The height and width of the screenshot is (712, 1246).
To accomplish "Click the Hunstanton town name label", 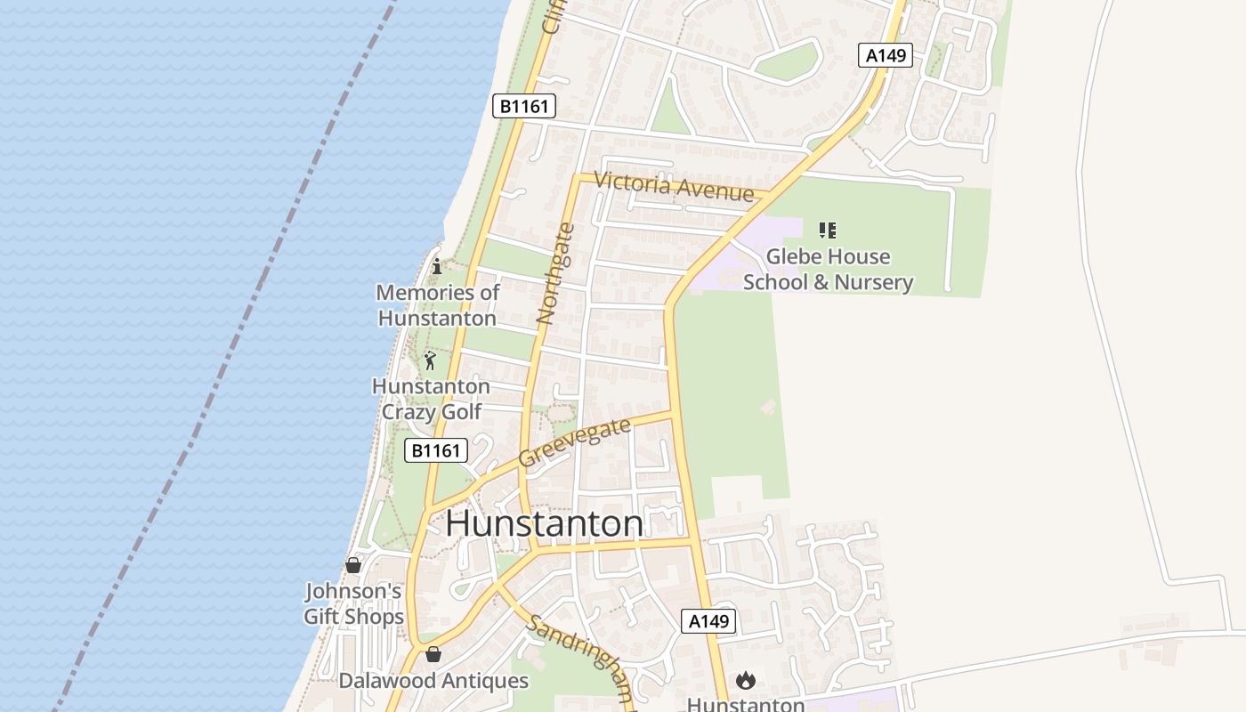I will pyautogui.click(x=545, y=523).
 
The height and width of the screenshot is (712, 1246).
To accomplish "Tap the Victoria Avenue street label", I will pyautogui.click(x=674, y=186).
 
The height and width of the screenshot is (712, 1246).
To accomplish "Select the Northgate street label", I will pyautogui.click(x=556, y=273).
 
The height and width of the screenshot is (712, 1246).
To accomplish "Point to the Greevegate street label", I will pyautogui.click(x=574, y=442).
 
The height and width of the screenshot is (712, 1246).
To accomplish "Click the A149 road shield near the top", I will pyautogui.click(x=886, y=55).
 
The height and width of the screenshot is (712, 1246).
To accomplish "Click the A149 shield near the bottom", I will pyautogui.click(x=708, y=621).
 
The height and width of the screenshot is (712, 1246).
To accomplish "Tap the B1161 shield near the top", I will pyautogui.click(x=524, y=107).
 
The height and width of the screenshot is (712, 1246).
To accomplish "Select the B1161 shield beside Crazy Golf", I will pyautogui.click(x=436, y=450).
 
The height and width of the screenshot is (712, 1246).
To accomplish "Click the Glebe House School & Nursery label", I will pyautogui.click(x=828, y=270).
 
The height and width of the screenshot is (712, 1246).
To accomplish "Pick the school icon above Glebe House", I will pyautogui.click(x=828, y=231).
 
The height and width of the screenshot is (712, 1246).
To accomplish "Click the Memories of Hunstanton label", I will pyautogui.click(x=437, y=305).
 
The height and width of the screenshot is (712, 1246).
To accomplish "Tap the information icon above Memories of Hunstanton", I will pyautogui.click(x=437, y=266).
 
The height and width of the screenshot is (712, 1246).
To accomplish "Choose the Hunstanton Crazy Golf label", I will pyautogui.click(x=431, y=399).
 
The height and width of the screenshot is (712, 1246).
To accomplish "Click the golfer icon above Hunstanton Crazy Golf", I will pyautogui.click(x=431, y=360).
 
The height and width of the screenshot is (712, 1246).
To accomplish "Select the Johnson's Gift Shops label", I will pyautogui.click(x=353, y=603).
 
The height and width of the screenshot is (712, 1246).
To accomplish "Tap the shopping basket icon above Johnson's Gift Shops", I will pyautogui.click(x=353, y=565).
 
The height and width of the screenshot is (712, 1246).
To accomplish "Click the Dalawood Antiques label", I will pyautogui.click(x=433, y=682).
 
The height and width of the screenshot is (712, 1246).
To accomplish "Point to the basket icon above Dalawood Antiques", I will pyautogui.click(x=433, y=654).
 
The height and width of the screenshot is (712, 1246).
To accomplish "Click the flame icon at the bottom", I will pyautogui.click(x=746, y=681).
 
